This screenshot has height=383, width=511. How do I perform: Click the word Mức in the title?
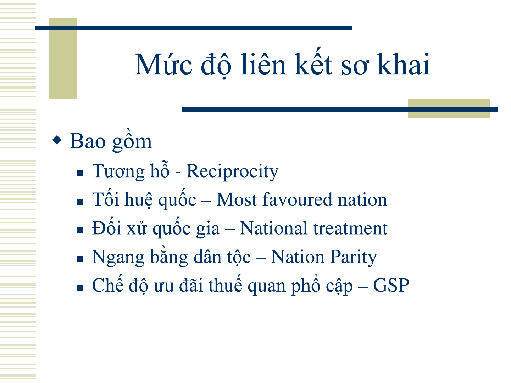pos(163,64)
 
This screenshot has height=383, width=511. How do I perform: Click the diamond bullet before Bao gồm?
pos(57,140)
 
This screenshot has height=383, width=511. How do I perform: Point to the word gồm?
pos(132,140)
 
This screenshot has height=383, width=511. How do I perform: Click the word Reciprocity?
pos(232,171)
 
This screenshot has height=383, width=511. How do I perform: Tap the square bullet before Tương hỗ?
pos(80,173)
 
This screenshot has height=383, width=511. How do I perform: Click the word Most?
pos(237,200)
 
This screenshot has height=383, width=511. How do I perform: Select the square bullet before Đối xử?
pos(80,230)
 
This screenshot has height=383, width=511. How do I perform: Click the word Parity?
pos(354,257)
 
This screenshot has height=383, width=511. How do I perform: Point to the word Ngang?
pos(118,258)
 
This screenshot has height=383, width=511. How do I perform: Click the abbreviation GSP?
pos(391,285)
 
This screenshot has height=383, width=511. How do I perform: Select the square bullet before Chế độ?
pos(80,288)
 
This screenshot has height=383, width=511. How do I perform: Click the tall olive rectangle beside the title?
pos(63,58)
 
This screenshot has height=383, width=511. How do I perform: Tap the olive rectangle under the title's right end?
pos(449,108)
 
